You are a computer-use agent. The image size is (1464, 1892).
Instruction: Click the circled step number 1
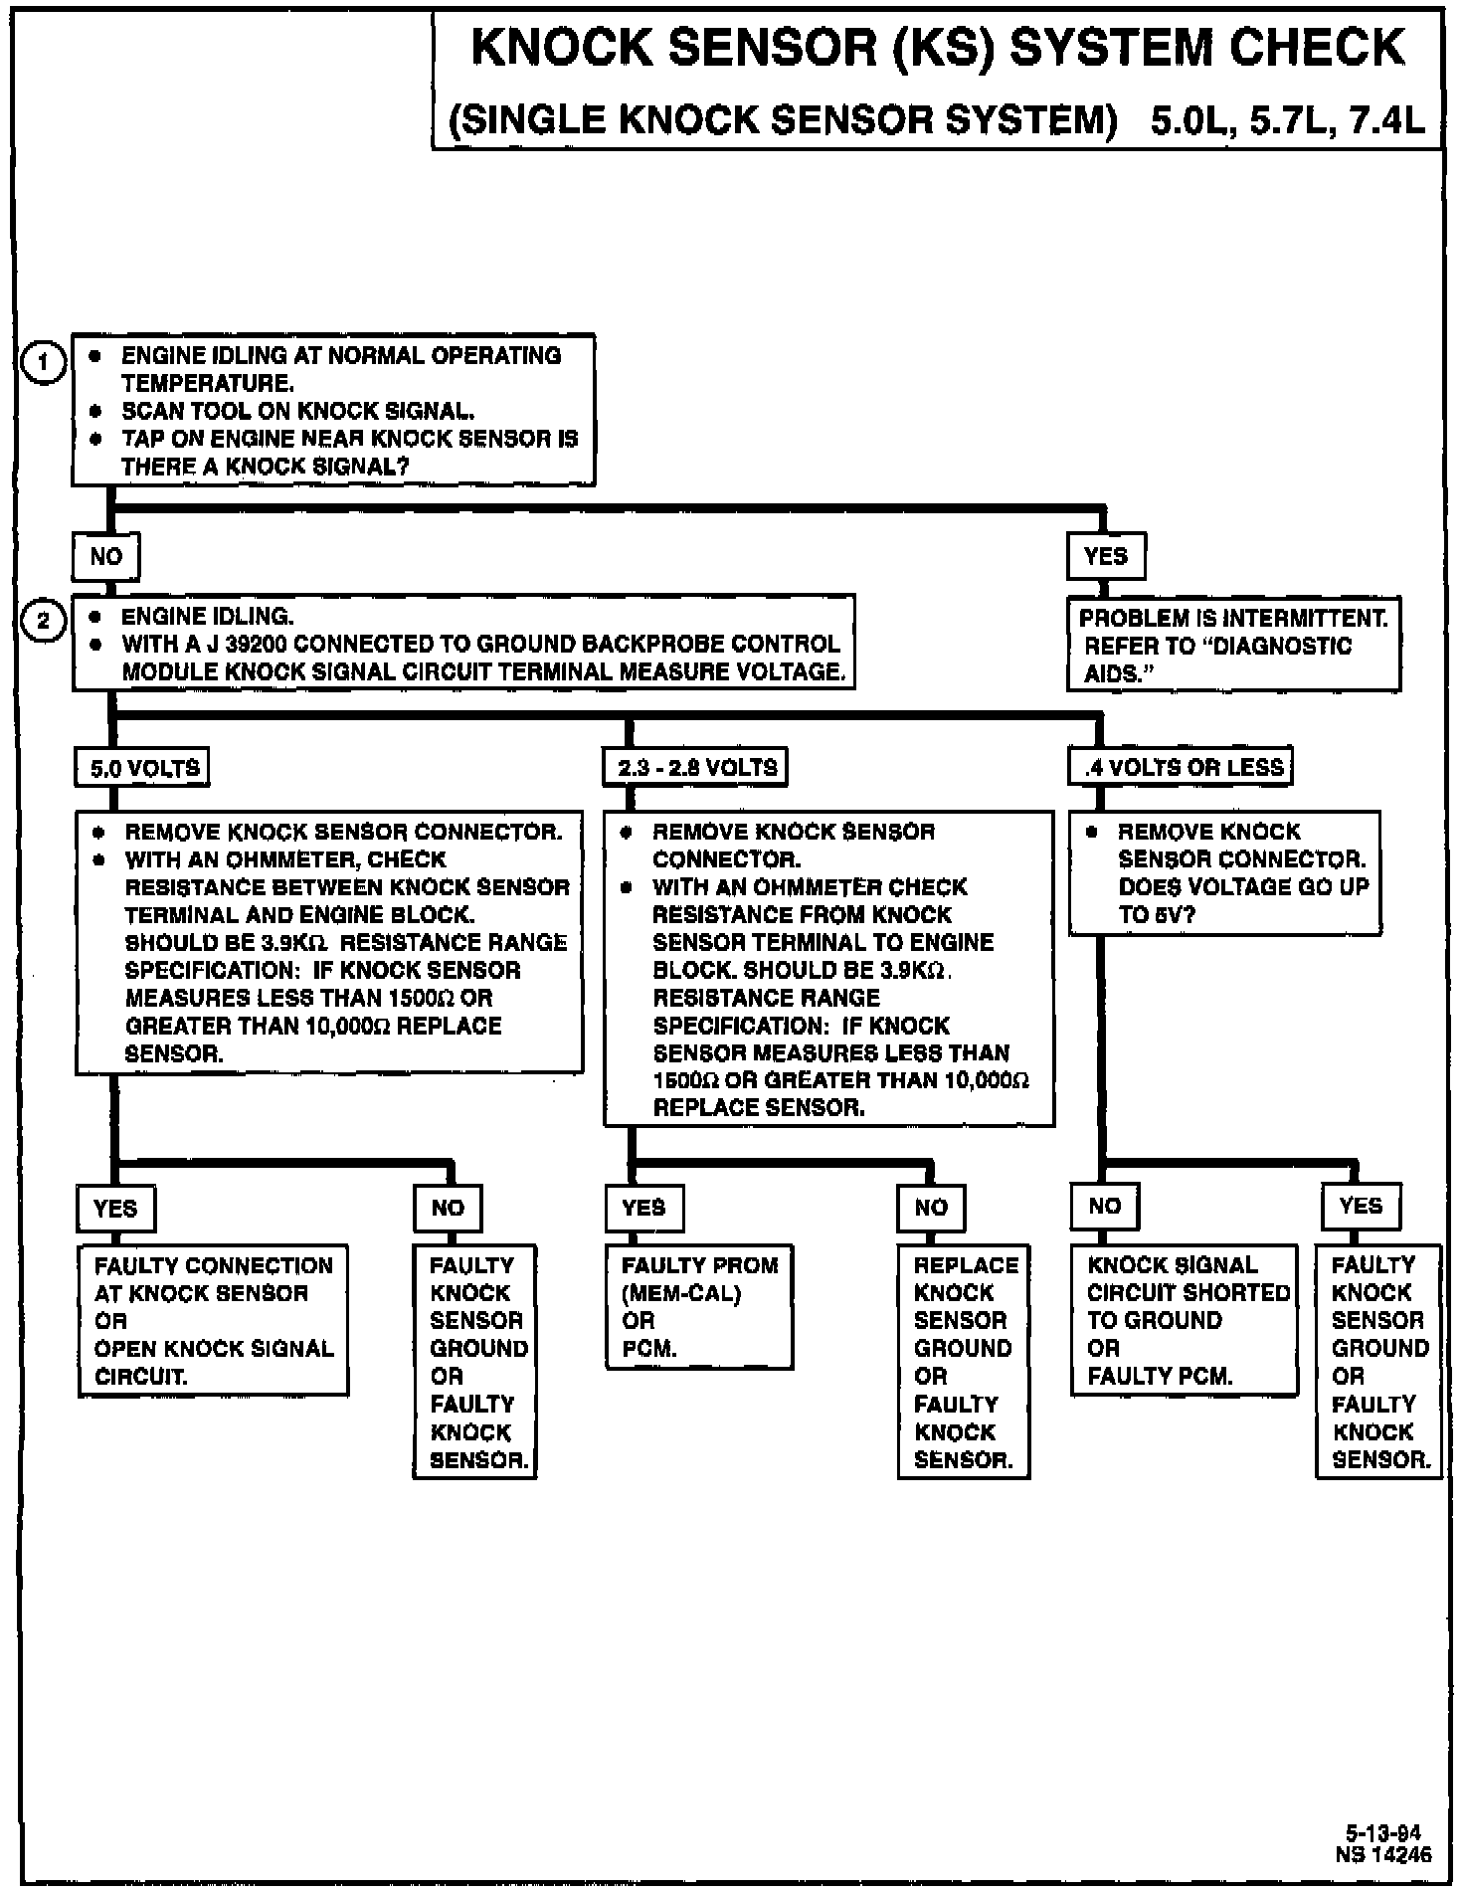click(x=43, y=362)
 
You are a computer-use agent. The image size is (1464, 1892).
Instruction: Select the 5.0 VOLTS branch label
click(x=144, y=768)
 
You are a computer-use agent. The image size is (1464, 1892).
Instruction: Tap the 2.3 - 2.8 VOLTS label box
click(x=696, y=768)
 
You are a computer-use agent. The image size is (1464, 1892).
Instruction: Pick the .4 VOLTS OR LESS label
click(x=1183, y=767)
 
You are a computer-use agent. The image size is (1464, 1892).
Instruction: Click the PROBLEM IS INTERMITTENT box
click(x=1233, y=645)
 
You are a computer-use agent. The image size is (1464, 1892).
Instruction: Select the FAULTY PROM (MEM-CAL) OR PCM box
click(x=699, y=1306)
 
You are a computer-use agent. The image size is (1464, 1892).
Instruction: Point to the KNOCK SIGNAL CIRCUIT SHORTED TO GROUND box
click(x=1185, y=1319)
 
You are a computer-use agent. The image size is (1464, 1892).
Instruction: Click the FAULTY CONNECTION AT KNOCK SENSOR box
click(x=213, y=1320)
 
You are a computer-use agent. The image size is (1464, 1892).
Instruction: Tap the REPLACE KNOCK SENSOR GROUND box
click(x=963, y=1361)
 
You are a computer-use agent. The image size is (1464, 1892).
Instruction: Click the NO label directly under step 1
click(x=105, y=556)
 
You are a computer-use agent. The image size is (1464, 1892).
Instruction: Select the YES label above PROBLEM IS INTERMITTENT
click(x=1106, y=556)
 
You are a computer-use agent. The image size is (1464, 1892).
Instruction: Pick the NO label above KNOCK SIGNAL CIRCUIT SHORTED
click(x=1104, y=1207)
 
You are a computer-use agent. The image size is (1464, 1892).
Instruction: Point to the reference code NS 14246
click(x=1383, y=1853)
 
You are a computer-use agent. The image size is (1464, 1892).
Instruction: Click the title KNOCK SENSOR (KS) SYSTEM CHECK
click(x=937, y=48)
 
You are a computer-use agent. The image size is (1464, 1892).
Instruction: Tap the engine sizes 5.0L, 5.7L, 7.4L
click(x=1287, y=120)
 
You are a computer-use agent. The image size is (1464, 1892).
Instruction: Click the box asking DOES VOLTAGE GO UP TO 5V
click(x=1225, y=872)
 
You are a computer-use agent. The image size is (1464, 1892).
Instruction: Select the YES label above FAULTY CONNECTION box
click(x=115, y=1209)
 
